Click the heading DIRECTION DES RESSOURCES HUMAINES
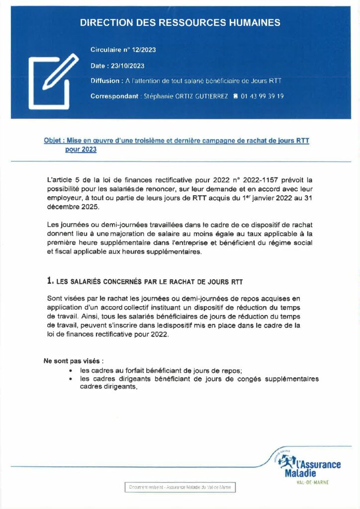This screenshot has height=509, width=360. point(180,23)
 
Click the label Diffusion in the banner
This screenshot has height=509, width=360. point(104,81)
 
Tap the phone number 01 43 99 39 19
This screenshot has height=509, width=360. point(262,96)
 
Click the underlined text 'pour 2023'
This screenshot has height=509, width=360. point(81,149)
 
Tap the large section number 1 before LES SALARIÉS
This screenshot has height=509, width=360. point(49,281)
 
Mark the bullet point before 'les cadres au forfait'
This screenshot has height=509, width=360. point(72,371)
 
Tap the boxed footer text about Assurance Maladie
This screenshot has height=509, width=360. point(180,488)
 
